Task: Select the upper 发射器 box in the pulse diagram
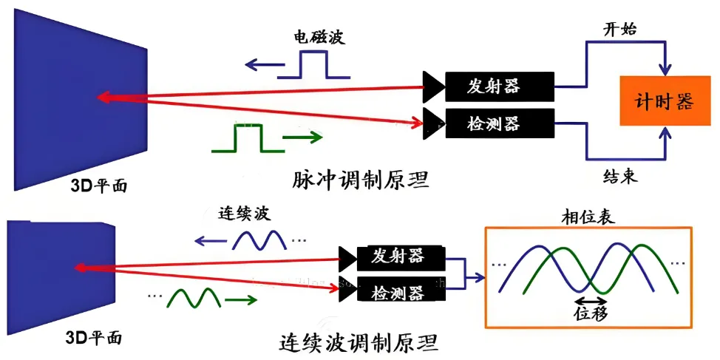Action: tap(500, 86)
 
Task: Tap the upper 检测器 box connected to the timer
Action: tap(500, 123)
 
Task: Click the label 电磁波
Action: tap(319, 36)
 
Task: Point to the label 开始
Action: tap(619, 29)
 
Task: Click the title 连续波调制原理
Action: tap(359, 342)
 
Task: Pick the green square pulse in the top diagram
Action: tap(248, 137)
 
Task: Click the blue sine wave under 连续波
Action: tap(259, 241)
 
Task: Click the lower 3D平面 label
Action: tap(93, 338)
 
